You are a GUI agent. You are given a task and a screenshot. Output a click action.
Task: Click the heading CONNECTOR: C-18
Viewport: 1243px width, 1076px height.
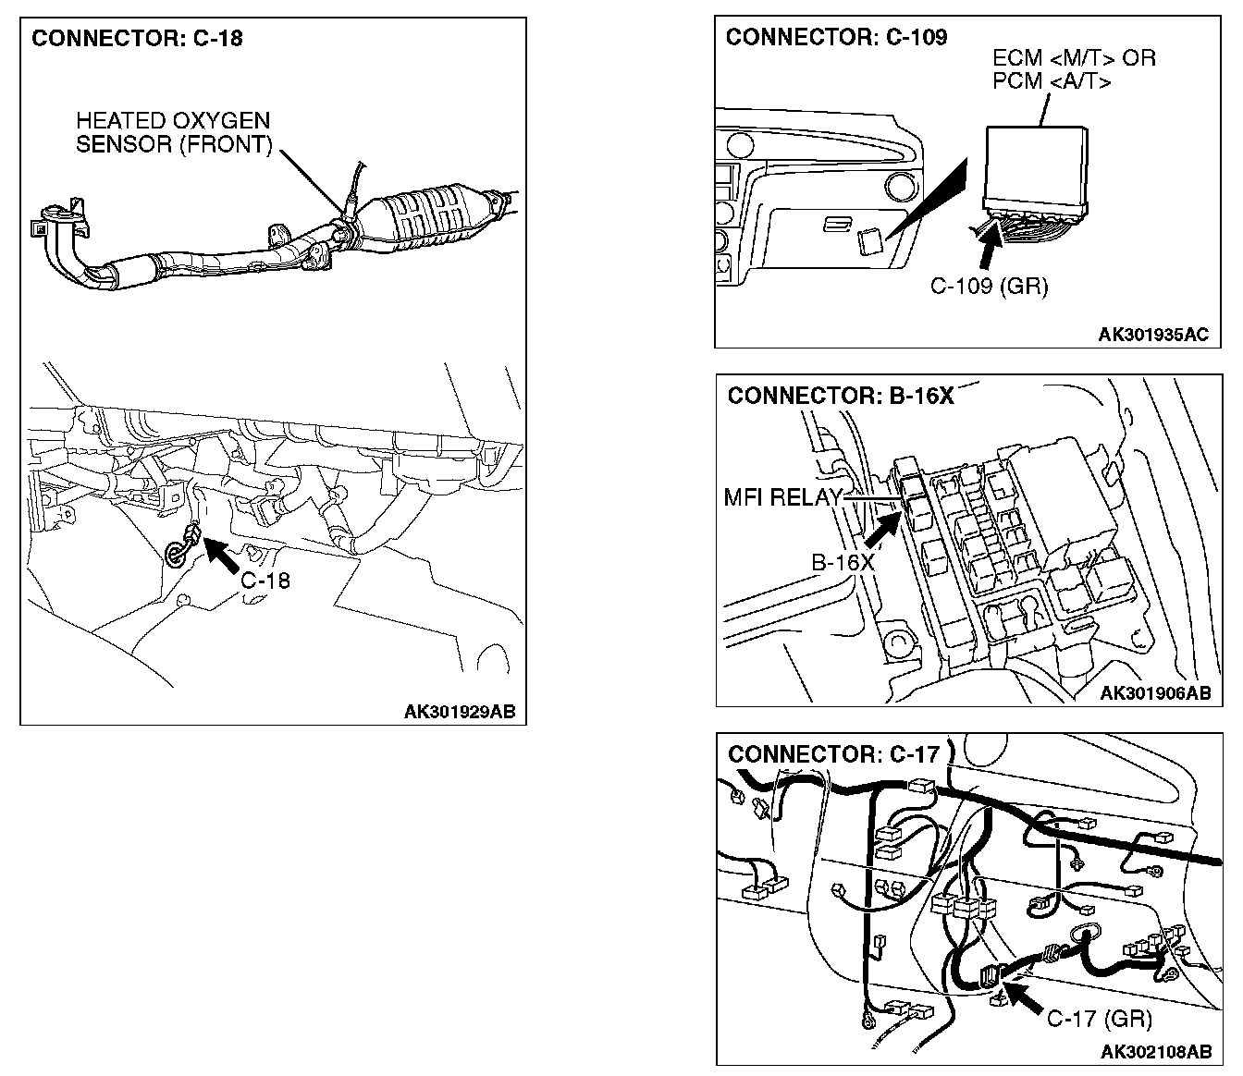(137, 39)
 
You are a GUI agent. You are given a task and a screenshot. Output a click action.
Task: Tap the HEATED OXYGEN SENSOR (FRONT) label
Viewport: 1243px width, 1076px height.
(174, 132)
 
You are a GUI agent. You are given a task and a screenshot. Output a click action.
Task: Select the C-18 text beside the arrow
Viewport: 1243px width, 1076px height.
(265, 581)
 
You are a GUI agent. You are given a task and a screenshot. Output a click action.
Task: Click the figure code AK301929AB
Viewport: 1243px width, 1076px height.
(460, 712)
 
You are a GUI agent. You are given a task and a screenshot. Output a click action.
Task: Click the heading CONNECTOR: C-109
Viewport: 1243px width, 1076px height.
(836, 37)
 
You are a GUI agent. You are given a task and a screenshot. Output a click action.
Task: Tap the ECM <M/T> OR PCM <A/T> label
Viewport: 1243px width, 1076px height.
(1073, 69)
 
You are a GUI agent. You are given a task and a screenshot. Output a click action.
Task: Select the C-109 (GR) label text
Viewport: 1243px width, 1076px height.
(989, 286)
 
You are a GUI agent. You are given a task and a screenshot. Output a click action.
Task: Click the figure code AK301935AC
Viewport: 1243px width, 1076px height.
(1152, 335)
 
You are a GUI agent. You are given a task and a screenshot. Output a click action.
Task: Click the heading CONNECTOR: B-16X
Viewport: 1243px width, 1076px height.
(840, 396)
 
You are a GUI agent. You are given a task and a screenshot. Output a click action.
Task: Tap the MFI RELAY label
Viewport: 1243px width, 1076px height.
(782, 497)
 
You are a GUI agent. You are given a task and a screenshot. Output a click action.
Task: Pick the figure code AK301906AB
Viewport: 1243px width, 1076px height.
(1154, 693)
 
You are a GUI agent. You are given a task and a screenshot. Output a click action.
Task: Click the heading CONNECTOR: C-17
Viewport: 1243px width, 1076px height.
(833, 753)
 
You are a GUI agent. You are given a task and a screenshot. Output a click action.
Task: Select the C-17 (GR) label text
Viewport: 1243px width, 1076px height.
(1099, 1019)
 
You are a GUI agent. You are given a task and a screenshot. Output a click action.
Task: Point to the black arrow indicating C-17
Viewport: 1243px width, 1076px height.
(1024, 999)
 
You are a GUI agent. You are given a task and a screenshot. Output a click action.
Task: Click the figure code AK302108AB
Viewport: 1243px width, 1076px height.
(1155, 1052)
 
